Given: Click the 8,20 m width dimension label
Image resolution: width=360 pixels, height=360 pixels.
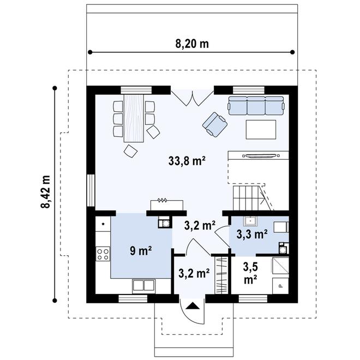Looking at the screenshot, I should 192,44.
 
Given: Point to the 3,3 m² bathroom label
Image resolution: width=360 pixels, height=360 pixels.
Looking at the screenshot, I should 251,235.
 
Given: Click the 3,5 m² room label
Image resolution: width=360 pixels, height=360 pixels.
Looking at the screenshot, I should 250,273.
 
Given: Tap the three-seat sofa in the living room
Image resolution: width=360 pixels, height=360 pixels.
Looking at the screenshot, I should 256,106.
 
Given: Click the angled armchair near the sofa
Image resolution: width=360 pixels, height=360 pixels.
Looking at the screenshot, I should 214,124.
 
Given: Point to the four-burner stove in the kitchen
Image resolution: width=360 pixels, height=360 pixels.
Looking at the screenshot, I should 103,253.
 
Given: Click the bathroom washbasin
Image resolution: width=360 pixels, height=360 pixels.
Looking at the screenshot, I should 251,221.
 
